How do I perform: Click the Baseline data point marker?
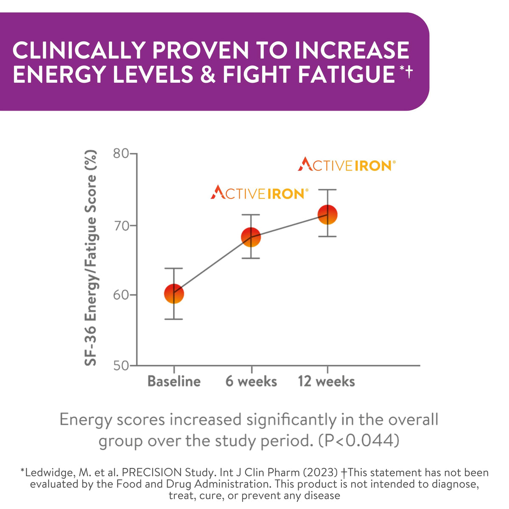(174, 294)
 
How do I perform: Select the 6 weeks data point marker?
(251, 237)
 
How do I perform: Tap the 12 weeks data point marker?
(327, 214)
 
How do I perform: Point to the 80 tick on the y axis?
(121, 153)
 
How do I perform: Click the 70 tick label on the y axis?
(121, 225)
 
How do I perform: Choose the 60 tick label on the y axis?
(121, 295)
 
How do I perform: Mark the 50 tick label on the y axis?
(121, 365)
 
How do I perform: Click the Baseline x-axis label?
(174, 381)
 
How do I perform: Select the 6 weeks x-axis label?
(251, 381)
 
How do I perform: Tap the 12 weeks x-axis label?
(326, 381)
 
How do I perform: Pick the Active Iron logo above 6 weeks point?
(259, 193)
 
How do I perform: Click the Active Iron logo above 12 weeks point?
(347, 165)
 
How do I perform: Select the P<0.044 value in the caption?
(358, 441)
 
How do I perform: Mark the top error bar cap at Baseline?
(174, 268)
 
